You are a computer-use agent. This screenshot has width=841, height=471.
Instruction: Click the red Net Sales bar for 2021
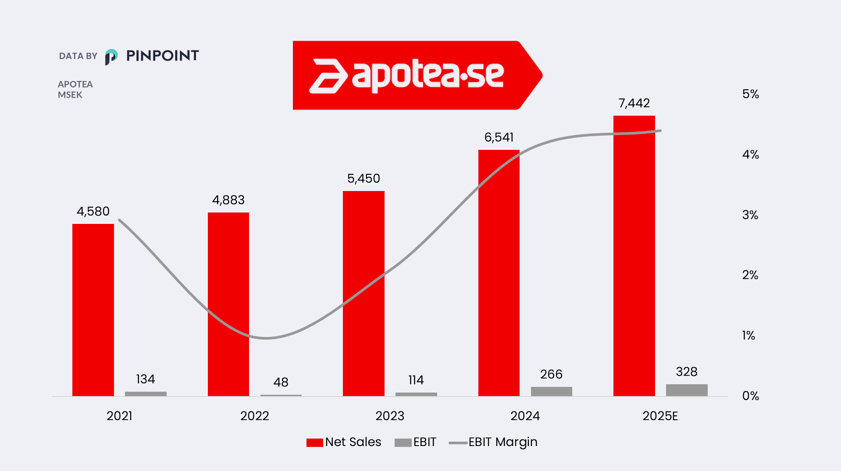click(93, 310)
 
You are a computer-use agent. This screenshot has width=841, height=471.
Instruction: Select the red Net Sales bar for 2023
click(363, 294)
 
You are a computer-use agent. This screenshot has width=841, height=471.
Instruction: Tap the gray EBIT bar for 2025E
click(687, 390)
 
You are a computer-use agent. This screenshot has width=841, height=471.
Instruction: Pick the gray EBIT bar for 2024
click(551, 391)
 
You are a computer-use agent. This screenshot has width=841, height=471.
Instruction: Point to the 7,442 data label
click(634, 103)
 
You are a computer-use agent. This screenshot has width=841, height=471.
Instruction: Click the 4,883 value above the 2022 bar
click(228, 200)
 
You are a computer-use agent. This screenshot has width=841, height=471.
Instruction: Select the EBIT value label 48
click(281, 382)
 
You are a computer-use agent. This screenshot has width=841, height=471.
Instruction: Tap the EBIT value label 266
click(551, 374)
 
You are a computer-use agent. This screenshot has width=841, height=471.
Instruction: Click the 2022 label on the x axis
click(254, 416)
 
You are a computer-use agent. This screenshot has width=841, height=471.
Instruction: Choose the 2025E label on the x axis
click(660, 416)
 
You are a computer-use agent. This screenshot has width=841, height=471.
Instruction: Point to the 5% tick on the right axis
click(750, 94)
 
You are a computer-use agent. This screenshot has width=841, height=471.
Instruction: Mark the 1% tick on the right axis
click(748, 336)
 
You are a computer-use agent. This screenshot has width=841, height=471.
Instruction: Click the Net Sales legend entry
click(344, 442)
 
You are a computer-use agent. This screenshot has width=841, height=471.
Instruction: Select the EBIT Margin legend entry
click(493, 442)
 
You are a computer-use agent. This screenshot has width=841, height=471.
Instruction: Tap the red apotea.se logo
click(417, 75)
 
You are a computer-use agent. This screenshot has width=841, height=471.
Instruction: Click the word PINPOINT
click(162, 56)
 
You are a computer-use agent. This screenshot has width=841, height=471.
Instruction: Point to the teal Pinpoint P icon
click(111, 57)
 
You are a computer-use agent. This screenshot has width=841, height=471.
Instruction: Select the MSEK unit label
click(70, 95)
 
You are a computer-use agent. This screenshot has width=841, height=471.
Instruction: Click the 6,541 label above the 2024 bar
click(499, 138)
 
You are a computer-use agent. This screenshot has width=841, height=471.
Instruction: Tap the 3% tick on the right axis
click(750, 215)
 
